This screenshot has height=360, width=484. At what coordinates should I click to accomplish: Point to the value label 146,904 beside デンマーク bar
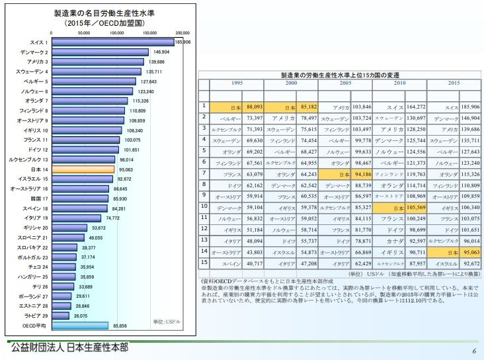click(161, 52)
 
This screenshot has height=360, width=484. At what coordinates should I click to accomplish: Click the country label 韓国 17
click(37, 198)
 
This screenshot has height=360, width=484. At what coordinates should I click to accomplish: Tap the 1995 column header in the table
click(236, 83)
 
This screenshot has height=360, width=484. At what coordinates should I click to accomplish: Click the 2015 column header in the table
click(454, 83)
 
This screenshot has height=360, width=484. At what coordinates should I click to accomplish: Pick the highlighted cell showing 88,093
click(254, 107)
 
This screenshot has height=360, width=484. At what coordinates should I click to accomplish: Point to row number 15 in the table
click(204, 262)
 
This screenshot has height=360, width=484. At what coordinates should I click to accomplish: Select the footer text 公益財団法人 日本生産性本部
click(69, 347)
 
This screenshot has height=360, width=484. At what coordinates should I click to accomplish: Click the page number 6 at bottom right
click(473, 351)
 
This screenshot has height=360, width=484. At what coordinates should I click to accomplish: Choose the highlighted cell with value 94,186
click(362, 174)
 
